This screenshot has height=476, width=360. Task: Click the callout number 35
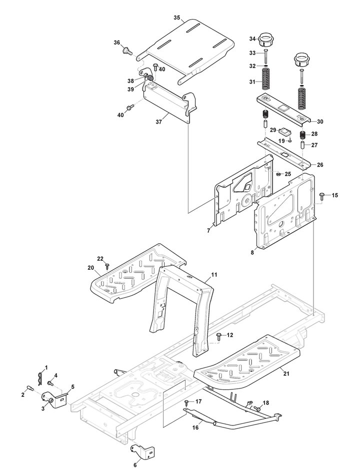click(177, 18)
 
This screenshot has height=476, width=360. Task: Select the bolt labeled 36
click(127, 51)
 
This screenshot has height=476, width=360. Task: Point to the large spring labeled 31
click(266, 78)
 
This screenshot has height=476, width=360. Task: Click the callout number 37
click(159, 122)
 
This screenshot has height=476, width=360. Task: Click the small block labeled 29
click(285, 131)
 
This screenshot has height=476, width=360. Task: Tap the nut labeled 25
click(278, 174)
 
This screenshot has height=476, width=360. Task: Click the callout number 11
click(214, 275)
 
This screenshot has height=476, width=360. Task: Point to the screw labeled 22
click(107, 266)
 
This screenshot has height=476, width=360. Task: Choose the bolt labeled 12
click(219, 335)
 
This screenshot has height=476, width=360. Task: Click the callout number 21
click(286, 374)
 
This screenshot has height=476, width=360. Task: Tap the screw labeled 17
click(186, 402)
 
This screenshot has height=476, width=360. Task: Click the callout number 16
click(195, 427)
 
